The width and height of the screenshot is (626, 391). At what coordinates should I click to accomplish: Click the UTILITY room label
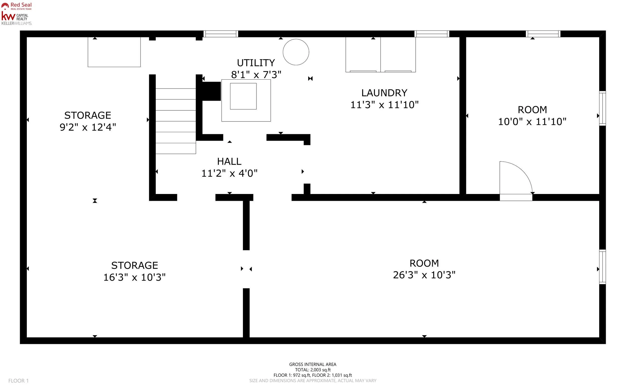click(x=256, y=63)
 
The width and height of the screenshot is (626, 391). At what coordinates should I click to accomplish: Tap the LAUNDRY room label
click(x=384, y=93)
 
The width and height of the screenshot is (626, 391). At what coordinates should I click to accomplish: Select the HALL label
click(x=229, y=162)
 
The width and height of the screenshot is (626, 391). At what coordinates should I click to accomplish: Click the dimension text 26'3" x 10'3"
click(x=424, y=275)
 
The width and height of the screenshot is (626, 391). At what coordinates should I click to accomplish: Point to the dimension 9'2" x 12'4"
click(x=88, y=127)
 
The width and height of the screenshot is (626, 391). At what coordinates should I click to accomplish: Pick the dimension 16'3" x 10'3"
click(x=134, y=277)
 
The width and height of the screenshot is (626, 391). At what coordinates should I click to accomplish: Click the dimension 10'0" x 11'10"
click(x=532, y=122)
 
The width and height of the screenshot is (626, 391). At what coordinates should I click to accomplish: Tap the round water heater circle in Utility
click(x=296, y=52)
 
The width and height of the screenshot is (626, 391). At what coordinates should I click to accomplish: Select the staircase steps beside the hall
click(x=176, y=121)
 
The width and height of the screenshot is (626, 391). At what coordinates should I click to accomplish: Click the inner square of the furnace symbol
click(x=243, y=96)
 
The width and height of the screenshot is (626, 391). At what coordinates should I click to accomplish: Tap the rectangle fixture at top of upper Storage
click(x=114, y=52)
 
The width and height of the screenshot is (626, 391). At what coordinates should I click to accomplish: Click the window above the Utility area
click(x=221, y=34)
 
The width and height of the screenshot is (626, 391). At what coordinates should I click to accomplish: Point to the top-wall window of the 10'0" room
click(x=543, y=34)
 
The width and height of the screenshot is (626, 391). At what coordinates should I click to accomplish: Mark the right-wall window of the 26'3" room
click(x=602, y=267)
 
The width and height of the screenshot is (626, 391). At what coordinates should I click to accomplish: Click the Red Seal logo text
click(x=21, y=5)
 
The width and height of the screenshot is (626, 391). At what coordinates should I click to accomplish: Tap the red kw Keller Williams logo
click(x=8, y=16)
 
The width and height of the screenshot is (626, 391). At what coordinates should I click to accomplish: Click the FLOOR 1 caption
click(x=18, y=381)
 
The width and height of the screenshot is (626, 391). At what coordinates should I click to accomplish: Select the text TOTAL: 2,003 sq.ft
click(x=313, y=370)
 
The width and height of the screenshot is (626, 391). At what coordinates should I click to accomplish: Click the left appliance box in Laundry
click(x=363, y=55)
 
